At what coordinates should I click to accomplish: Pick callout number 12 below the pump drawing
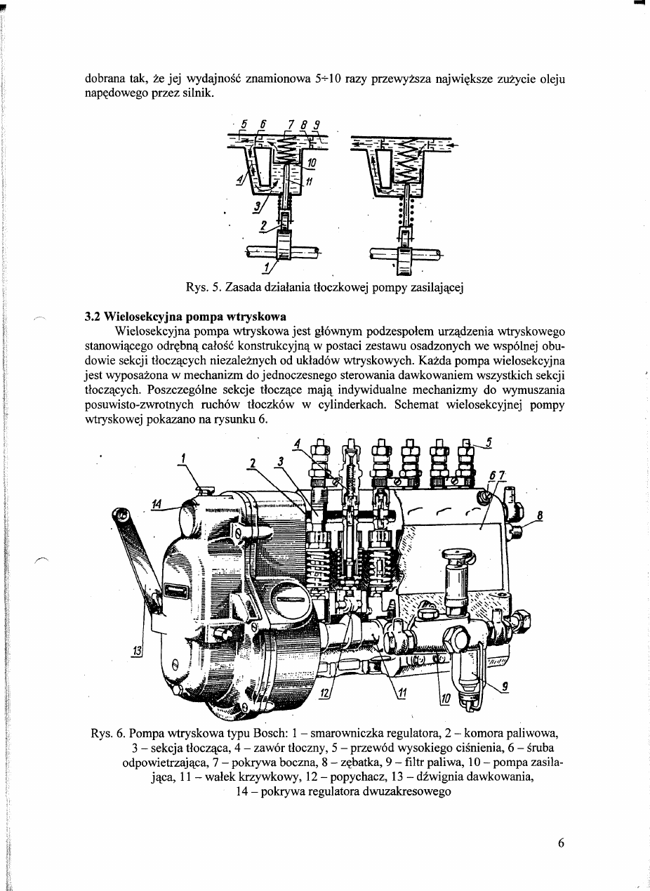[324, 692]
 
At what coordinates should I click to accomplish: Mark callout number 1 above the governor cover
[183, 457]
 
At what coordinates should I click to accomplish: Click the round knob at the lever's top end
[124, 520]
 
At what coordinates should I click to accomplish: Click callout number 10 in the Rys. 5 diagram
[312, 163]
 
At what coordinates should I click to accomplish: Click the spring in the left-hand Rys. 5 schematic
[287, 150]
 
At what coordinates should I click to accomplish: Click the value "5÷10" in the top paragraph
[326, 79]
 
